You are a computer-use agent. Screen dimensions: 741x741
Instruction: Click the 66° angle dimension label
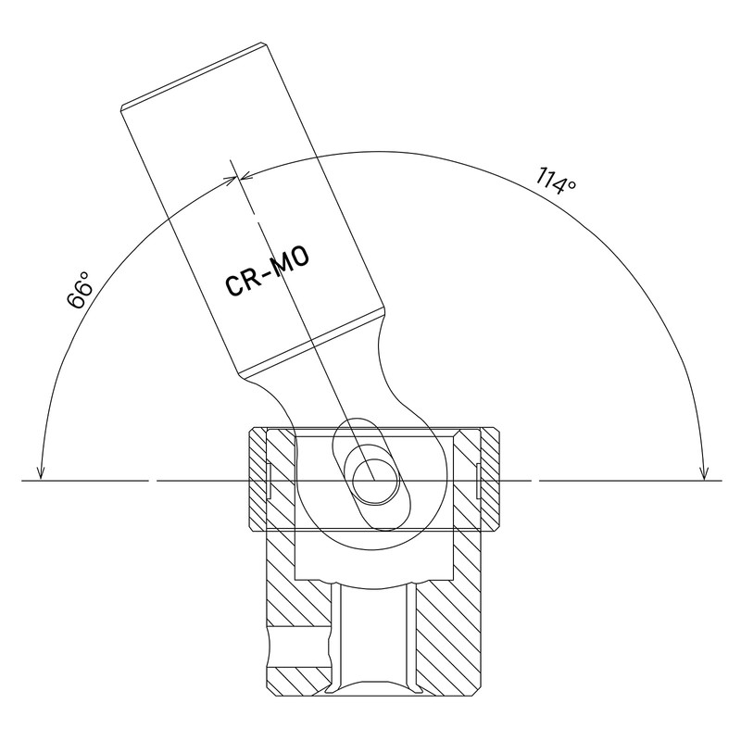[x=80, y=290]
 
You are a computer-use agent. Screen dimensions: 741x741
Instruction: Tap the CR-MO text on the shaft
[x=268, y=271]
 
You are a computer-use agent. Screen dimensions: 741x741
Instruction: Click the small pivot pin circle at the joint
[x=373, y=480]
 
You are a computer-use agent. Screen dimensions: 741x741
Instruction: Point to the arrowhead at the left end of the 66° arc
[x=41, y=470]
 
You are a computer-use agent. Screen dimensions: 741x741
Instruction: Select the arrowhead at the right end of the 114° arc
[x=705, y=470]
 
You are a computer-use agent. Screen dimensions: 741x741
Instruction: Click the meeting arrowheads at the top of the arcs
[x=238, y=178]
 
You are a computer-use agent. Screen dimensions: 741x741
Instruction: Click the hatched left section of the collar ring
[x=258, y=480]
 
